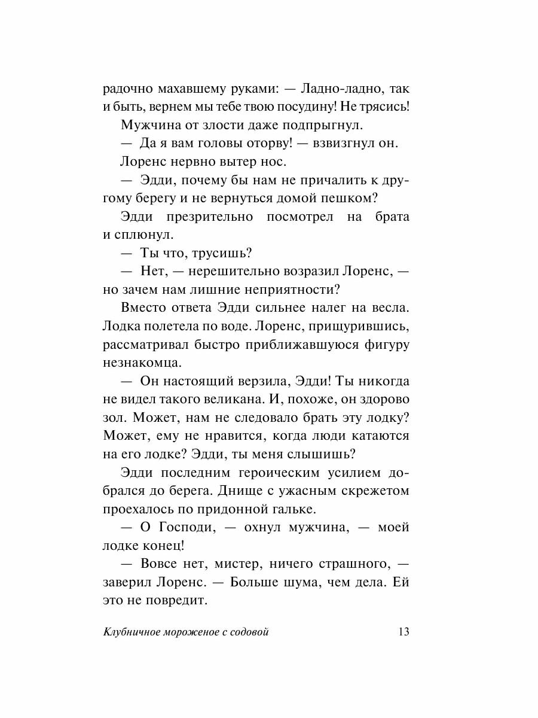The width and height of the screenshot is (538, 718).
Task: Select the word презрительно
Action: click(204, 216)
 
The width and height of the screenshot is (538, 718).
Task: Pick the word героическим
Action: click(270, 473)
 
